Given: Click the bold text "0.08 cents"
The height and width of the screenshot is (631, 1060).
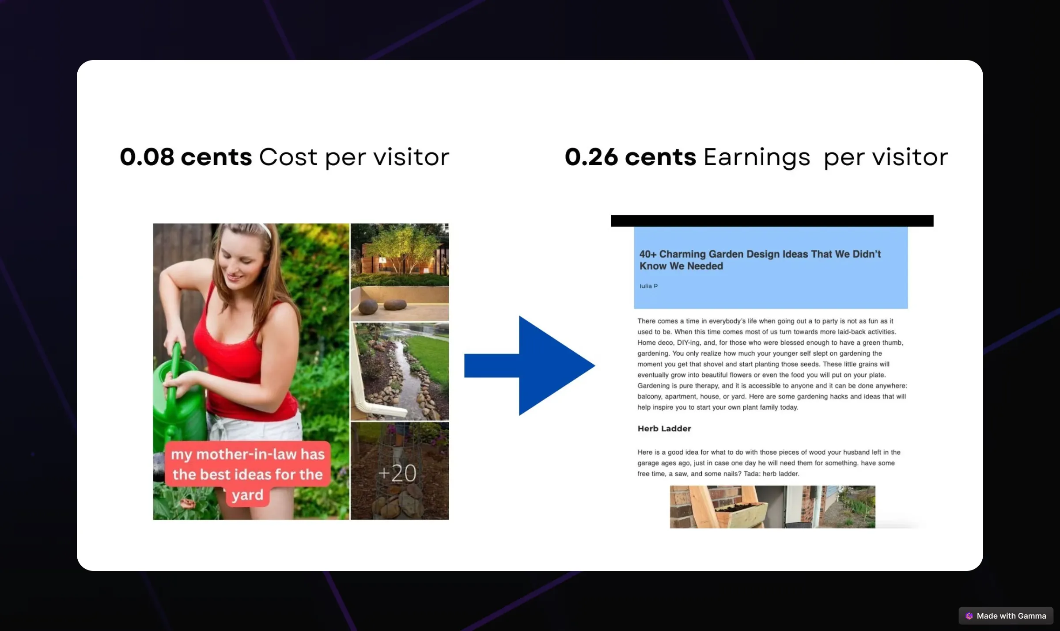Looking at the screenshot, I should (x=185, y=157).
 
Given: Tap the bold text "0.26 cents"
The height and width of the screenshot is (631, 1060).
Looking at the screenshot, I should (x=630, y=157).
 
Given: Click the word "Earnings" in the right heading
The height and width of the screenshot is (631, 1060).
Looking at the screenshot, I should (x=757, y=158).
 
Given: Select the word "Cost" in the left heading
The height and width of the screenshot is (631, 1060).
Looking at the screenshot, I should (x=288, y=157).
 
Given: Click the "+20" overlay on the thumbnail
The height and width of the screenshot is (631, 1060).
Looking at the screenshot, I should (x=397, y=473).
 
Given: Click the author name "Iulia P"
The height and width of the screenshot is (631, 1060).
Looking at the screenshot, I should (x=648, y=286).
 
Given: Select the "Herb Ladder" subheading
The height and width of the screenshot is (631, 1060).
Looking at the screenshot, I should (x=664, y=428).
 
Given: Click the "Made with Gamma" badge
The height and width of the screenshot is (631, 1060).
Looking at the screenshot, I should (x=1006, y=616).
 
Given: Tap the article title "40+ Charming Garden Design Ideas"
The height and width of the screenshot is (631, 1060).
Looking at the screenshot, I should (x=760, y=260).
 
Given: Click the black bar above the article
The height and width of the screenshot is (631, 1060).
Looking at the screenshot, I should (x=772, y=220).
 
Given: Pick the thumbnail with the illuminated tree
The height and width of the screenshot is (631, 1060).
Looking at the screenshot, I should (x=399, y=271).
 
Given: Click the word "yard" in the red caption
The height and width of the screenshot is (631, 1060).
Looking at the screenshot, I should (x=248, y=495).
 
